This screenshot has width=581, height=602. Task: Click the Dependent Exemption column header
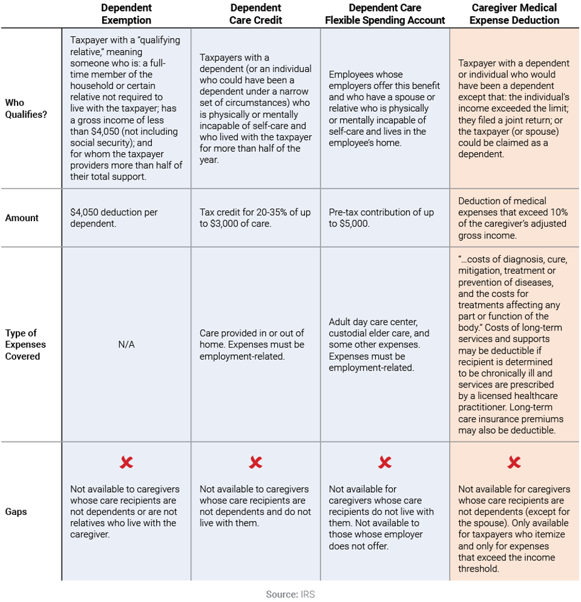pos(126,14)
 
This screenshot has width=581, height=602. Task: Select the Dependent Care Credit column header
pos(255,14)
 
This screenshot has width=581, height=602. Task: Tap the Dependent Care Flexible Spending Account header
pos(385,14)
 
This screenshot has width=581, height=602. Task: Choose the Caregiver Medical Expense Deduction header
pos(514,14)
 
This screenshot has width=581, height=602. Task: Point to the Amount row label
pos(22,218)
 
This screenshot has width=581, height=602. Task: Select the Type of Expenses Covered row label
pos(25,345)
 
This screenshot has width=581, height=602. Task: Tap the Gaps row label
pos(16,511)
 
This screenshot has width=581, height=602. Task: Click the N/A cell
pos(126,345)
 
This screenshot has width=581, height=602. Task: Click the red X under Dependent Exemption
pos(126,463)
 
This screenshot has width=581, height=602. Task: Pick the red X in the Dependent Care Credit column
pos(255,463)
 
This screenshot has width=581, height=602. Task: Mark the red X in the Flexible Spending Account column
pos(385,463)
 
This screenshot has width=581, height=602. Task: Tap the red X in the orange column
pos(514,463)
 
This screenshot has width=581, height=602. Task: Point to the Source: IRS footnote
pos(290,594)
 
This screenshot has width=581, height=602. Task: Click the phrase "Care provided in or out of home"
pos(252,338)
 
